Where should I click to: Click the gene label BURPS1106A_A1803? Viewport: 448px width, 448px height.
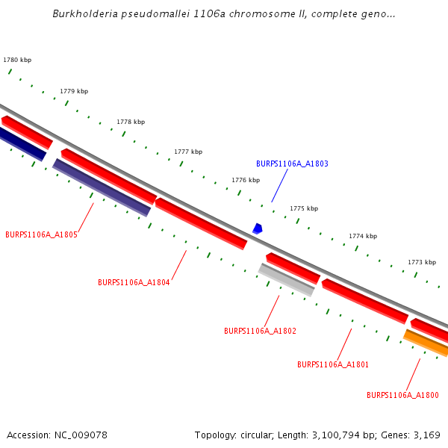tap(292, 164)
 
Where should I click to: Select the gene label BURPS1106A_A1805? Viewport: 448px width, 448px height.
tap(41, 234)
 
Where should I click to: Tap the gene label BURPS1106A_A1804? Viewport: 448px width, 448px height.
tap(134, 283)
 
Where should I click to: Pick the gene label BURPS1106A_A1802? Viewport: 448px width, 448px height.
tap(260, 331)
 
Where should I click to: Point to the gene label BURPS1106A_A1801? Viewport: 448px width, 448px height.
tap(333, 365)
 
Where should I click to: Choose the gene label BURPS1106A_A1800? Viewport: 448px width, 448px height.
tap(402, 395)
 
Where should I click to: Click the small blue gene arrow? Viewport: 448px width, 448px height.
tap(258, 228)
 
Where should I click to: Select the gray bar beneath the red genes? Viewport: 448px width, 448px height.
tap(287, 280)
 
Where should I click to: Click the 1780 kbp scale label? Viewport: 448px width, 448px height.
tap(17, 60)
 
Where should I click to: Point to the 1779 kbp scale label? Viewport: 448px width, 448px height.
tap(74, 91)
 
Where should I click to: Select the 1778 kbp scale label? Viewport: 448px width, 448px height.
tap(131, 122)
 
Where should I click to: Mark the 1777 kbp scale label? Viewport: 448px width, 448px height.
tap(188, 152)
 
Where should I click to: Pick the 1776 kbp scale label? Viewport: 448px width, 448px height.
tap(246, 180)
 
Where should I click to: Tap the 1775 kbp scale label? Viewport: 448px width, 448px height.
tap(304, 208)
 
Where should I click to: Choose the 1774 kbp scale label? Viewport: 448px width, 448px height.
tap(363, 236)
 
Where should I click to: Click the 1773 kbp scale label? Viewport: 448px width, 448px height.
tap(421, 262)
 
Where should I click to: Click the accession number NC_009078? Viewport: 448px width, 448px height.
tap(78, 435)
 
